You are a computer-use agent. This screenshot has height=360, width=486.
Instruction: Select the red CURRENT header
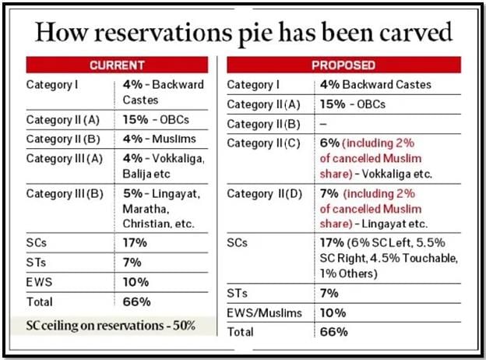pos(117,65)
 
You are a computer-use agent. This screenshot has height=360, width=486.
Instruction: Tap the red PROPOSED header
pos(343,65)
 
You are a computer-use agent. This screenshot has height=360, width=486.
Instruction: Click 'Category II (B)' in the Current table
pos(62,139)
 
